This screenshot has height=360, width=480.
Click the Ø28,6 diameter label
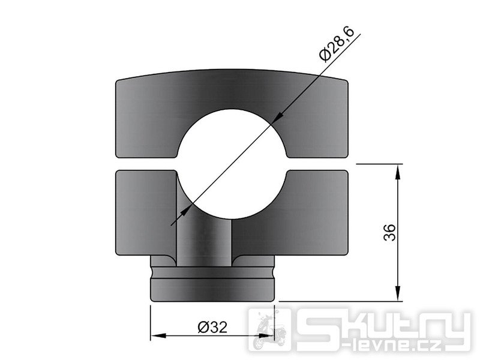337,44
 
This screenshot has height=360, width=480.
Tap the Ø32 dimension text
213,327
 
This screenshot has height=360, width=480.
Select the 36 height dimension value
389,232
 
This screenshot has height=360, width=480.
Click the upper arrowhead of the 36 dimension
398,172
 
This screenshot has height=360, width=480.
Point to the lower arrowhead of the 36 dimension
398,293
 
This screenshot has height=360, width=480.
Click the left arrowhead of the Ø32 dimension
158,335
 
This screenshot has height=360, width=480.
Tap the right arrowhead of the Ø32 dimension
266,335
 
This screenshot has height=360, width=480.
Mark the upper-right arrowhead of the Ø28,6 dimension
277,118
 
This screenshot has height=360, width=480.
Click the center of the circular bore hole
232,164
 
